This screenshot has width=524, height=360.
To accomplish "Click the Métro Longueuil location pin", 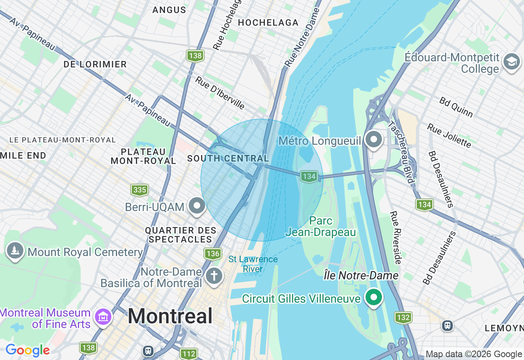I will click(373, 140).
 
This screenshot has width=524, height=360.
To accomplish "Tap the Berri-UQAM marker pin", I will click(197, 206).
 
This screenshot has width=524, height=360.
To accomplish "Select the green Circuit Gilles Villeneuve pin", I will click(373, 297).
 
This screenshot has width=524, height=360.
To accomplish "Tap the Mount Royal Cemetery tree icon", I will click(15, 250).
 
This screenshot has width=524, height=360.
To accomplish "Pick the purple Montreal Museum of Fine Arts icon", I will click(104, 317).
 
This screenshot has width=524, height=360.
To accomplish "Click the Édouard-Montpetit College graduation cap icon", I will click(511, 62).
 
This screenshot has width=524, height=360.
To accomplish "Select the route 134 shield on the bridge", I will click(309, 177).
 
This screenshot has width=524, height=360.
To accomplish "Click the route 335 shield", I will click(140, 190).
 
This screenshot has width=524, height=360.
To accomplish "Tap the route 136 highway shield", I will click(213, 254).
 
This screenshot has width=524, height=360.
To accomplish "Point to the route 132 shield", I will click(403, 317).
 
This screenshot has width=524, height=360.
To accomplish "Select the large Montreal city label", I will click(170, 316).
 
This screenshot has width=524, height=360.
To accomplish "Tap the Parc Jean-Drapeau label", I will click(321, 226).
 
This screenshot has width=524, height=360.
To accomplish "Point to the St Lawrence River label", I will click(253, 264).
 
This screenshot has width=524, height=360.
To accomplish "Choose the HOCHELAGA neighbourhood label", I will click(268, 23).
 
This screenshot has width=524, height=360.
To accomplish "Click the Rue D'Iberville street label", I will click(220, 93).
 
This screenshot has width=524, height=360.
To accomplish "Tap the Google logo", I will click(28, 350).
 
